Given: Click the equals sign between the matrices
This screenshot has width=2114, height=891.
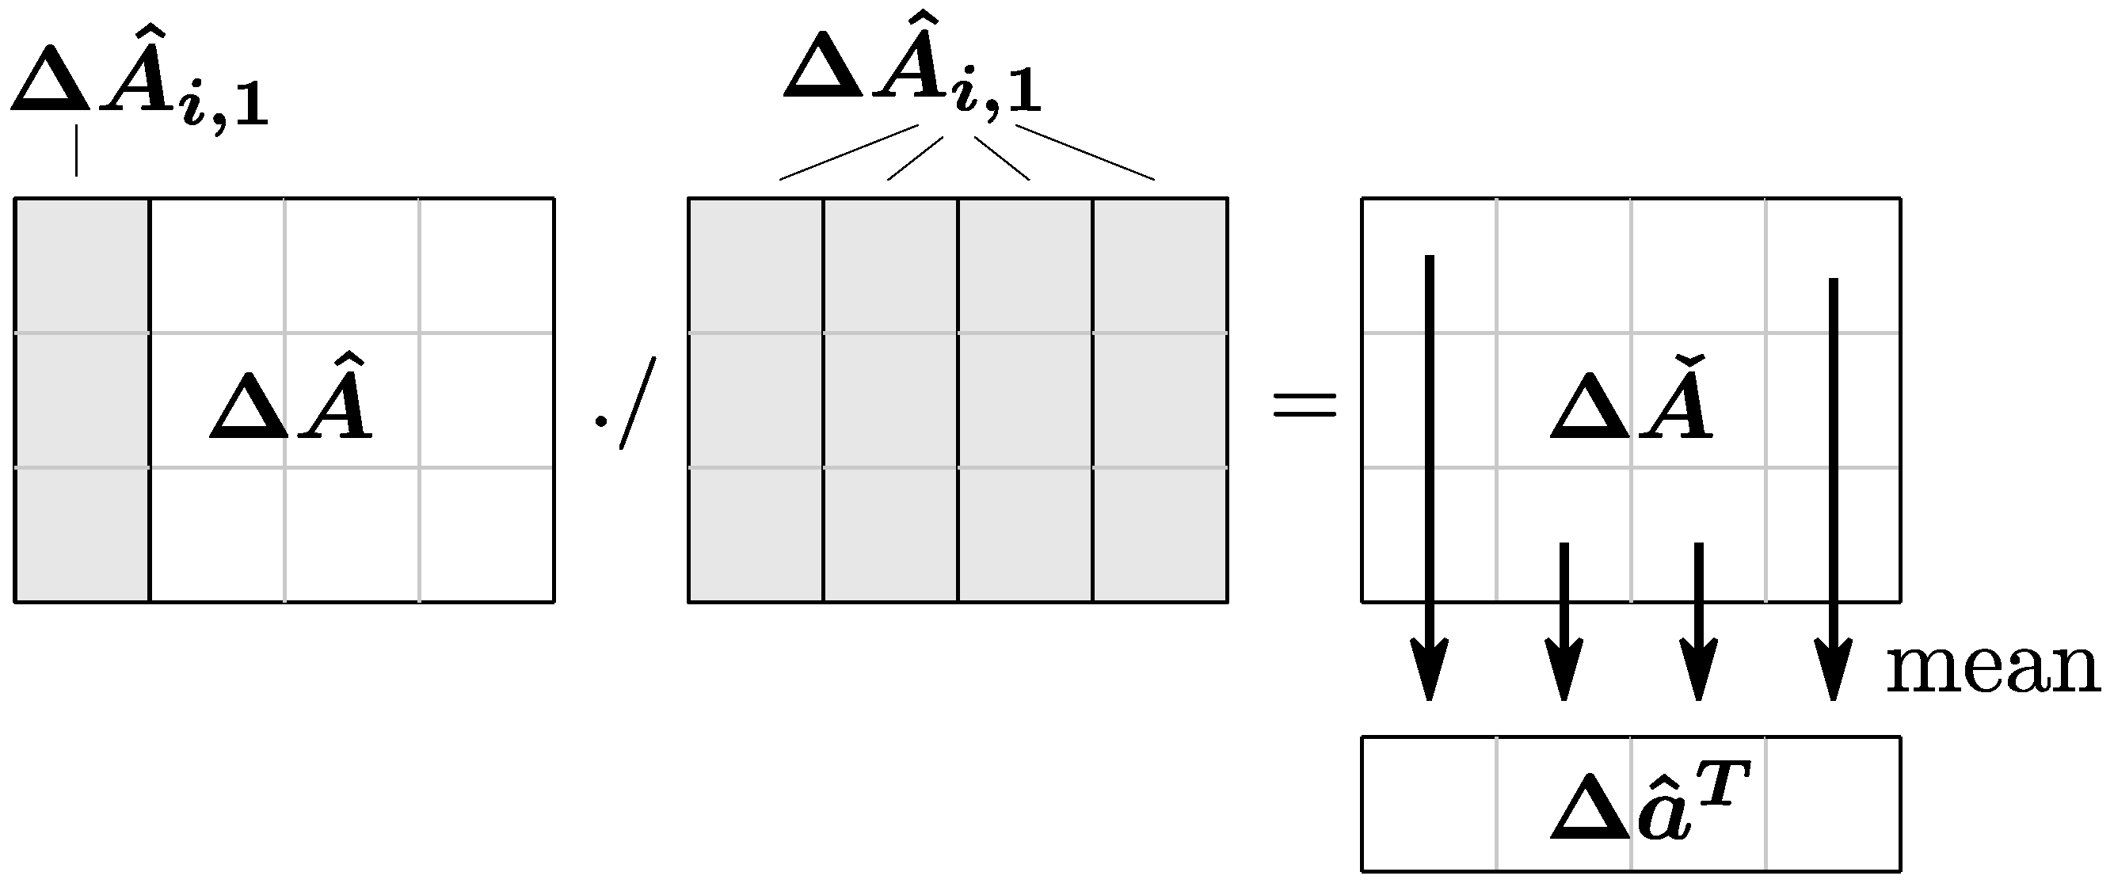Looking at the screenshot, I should tap(1304, 405).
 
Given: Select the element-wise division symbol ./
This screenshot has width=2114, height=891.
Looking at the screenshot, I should tap(627, 404).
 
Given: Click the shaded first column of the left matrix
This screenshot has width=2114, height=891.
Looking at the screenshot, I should tap(82, 399).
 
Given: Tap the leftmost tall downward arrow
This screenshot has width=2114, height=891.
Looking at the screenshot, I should tap(1430, 476).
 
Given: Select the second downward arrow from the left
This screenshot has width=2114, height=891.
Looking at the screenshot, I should tap(1564, 619).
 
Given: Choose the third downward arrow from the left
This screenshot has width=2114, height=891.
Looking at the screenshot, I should tap(1699, 619).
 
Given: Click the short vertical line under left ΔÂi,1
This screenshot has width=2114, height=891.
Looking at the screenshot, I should tap(76, 150).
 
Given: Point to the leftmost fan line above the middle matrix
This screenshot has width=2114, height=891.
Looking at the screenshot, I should tap(848, 152).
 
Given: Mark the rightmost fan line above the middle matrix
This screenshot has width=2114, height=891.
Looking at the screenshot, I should tap(1085, 152).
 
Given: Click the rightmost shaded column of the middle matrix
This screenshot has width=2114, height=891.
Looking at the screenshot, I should tap(1160, 399).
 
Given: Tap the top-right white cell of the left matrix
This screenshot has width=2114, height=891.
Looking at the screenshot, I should tap(486, 265).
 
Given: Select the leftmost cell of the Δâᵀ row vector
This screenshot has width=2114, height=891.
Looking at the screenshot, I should tap(1429, 803).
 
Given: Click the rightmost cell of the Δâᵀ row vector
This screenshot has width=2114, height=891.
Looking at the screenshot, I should tap(1834, 803).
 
